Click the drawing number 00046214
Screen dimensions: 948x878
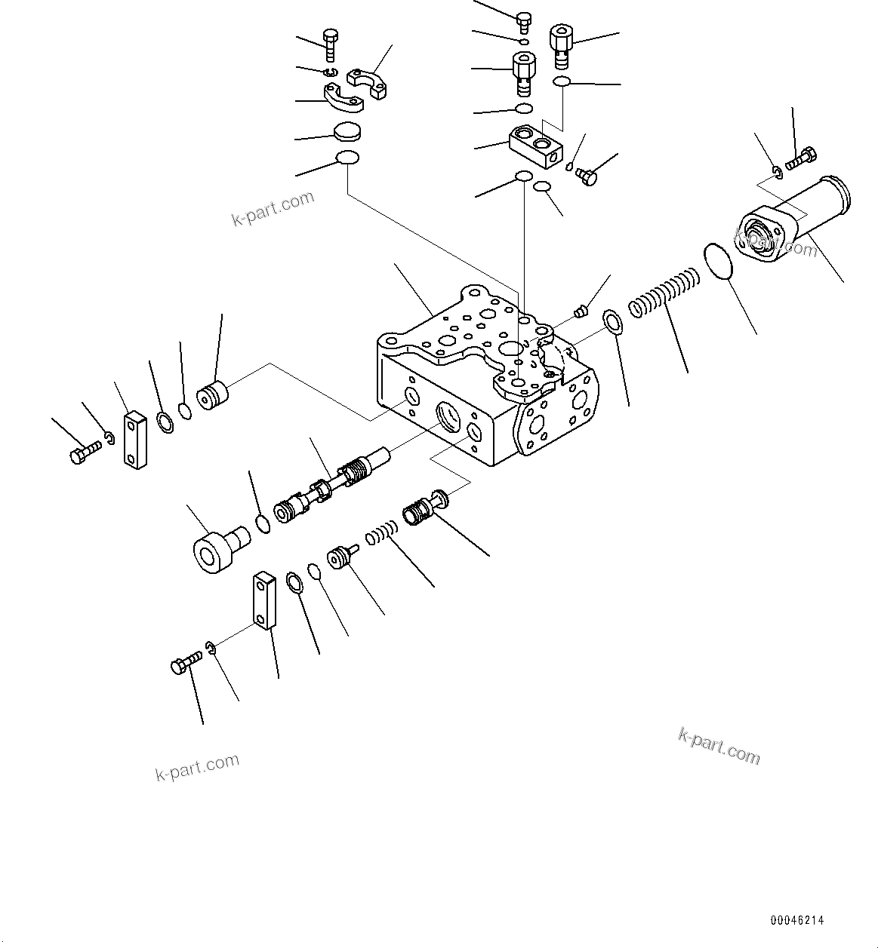(x=797, y=921)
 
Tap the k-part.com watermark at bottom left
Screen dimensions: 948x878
(x=197, y=767)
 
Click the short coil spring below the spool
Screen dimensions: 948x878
(x=381, y=535)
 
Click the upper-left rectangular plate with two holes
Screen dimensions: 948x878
(x=134, y=439)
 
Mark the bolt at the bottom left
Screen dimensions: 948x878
(x=184, y=664)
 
